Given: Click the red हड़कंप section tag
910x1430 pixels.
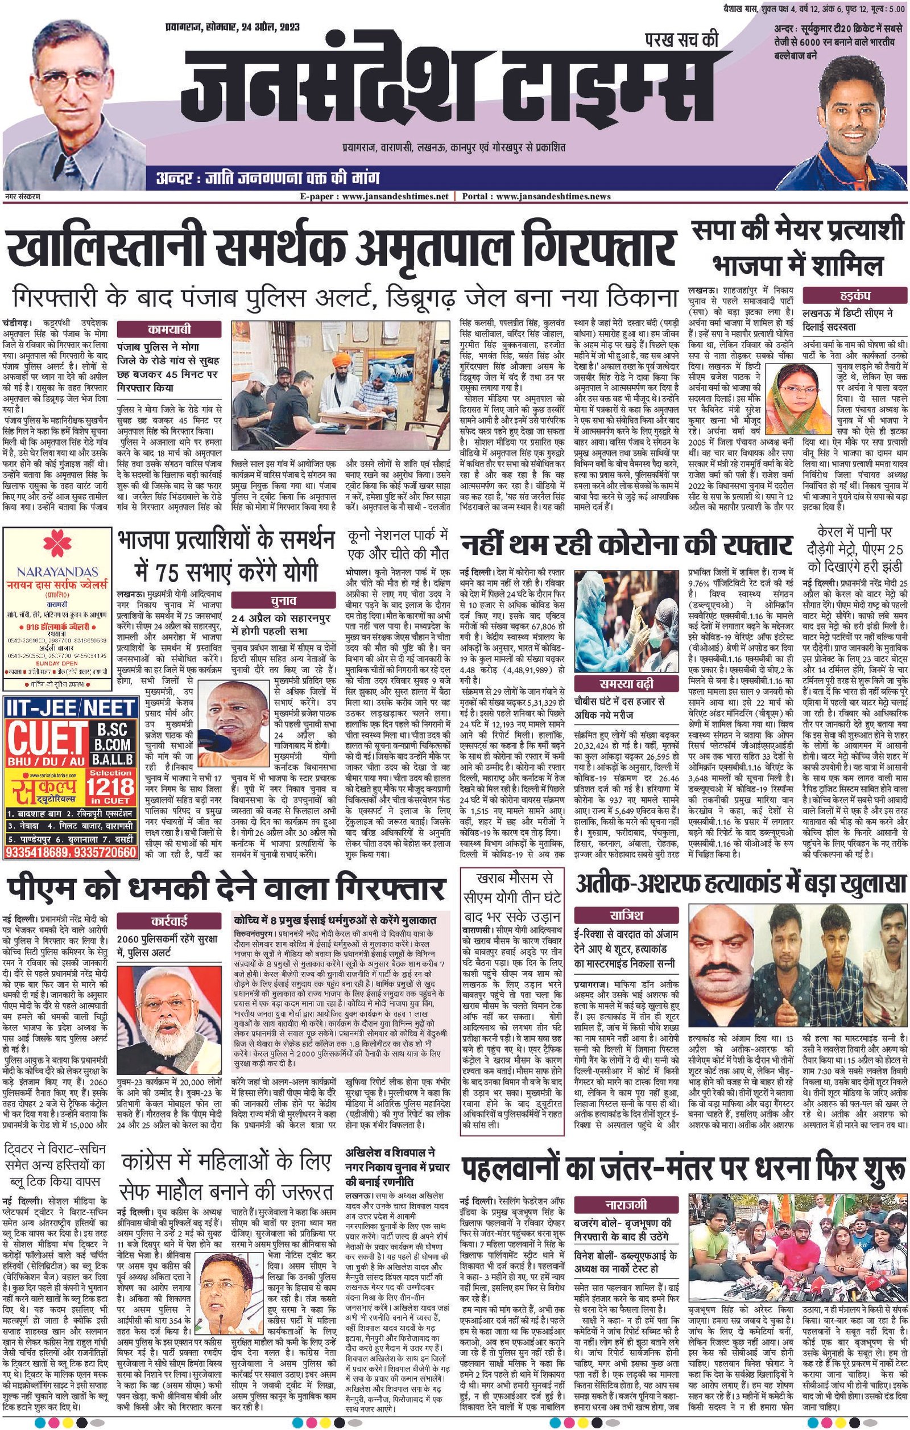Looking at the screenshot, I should tap(855, 295).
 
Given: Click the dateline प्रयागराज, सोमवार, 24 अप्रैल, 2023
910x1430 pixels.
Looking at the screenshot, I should tap(233, 27).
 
